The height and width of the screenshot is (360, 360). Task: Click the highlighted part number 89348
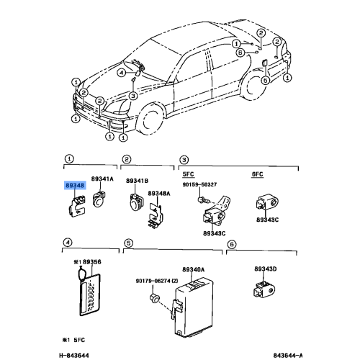coord(75,185)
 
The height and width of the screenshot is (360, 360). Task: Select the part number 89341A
coord(102,179)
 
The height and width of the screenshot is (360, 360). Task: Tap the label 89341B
coord(138,181)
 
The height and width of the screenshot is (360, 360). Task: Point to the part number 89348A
coord(159,193)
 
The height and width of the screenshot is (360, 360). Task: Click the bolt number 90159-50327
coord(199,184)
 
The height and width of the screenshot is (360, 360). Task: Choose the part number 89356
coord(92,262)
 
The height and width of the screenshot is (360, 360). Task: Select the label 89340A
coord(194,269)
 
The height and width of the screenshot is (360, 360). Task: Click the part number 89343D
coord(266,269)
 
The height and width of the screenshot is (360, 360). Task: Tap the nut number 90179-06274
coord(154,281)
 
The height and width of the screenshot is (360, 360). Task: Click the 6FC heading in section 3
coord(257,174)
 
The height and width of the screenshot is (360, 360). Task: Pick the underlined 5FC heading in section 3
coord(188,174)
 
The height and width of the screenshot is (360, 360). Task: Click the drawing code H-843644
coord(74,355)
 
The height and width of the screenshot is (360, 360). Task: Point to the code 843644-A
coord(288,355)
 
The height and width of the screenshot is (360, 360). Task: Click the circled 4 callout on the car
coord(122,73)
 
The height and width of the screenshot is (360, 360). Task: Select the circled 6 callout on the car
coord(240,53)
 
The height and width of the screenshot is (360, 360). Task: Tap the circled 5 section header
coord(129,243)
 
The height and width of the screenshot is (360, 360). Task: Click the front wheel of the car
coord(151,120)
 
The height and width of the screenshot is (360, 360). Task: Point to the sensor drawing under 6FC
coord(267,203)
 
